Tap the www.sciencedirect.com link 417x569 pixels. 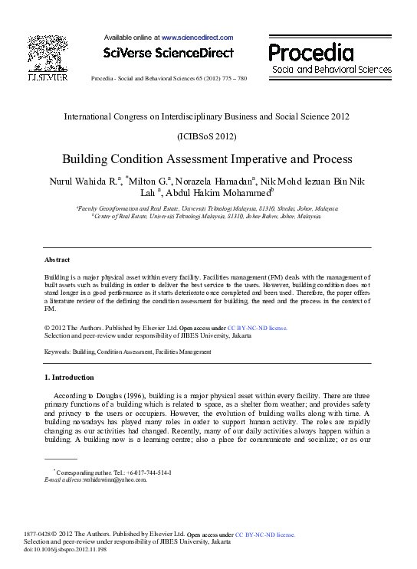(197, 37)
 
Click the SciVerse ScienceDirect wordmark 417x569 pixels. (168, 52)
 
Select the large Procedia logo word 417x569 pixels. (311, 52)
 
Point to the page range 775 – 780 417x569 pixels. (231, 79)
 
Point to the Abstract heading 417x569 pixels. (57, 260)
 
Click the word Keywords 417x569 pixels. (57, 352)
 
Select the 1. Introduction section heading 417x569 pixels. (69, 378)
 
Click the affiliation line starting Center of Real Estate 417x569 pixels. (206, 217)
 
